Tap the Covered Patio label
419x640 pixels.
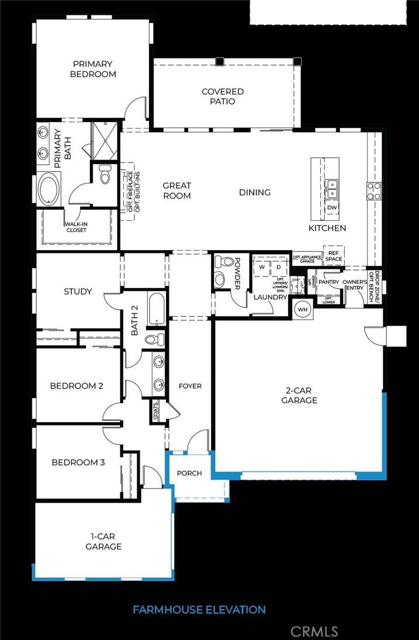(x=223, y=96)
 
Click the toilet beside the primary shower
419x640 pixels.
(x=105, y=174)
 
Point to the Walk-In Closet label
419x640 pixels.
(x=75, y=226)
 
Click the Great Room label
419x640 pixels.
(x=176, y=191)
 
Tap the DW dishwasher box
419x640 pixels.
(x=332, y=207)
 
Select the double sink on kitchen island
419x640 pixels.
(x=332, y=187)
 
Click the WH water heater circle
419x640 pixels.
(x=303, y=309)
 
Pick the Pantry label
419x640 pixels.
(x=330, y=282)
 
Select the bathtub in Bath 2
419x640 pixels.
(x=156, y=309)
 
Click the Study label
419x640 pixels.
(x=78, y=291)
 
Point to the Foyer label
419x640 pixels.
(x=190, y=386)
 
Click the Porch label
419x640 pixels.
(x=189, y=473)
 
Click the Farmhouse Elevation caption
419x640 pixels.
(x=199, y=610)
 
